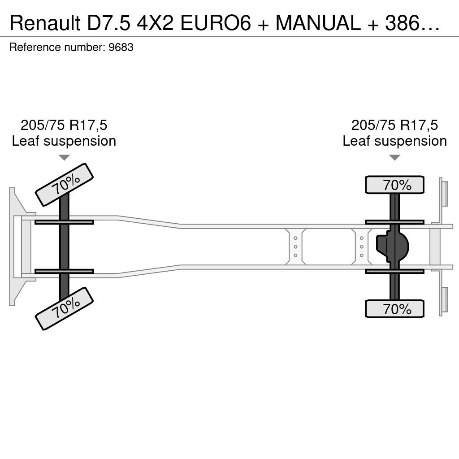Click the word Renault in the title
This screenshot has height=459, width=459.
45,23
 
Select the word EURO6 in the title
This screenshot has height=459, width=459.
216,23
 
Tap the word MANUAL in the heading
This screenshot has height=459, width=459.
318,23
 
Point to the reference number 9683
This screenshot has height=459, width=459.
121,47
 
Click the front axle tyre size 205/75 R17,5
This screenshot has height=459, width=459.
64,125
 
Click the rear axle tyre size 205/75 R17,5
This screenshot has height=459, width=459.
394,125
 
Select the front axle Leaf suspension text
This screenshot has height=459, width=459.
64,141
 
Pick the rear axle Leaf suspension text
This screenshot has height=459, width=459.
394,141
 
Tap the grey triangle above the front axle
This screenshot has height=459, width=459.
64,157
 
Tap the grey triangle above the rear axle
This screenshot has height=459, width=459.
394,157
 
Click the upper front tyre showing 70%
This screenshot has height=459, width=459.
64,185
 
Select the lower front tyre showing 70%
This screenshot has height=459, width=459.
64,309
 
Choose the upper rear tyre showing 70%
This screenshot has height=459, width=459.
394,185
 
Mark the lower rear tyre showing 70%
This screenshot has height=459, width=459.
394,309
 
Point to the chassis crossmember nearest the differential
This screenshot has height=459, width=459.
362,247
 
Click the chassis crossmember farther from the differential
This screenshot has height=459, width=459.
296,247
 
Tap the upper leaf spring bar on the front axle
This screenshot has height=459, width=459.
64,222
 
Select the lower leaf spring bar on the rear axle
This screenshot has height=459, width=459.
394,271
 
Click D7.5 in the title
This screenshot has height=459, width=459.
108,23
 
